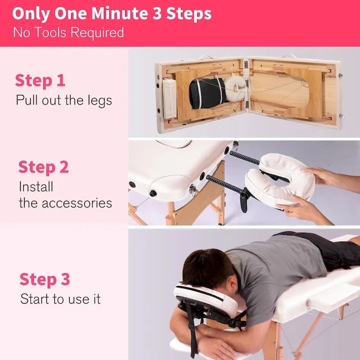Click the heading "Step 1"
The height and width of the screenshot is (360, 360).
(40, 81)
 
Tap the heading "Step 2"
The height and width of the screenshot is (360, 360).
(43, 167)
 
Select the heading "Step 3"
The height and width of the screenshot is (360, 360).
(45, 279)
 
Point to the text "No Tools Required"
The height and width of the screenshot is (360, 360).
(68, 33)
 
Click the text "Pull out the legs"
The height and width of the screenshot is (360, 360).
(63, 100)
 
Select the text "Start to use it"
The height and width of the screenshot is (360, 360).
(60, 299)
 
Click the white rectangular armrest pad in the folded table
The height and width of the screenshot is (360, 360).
(169, 98)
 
